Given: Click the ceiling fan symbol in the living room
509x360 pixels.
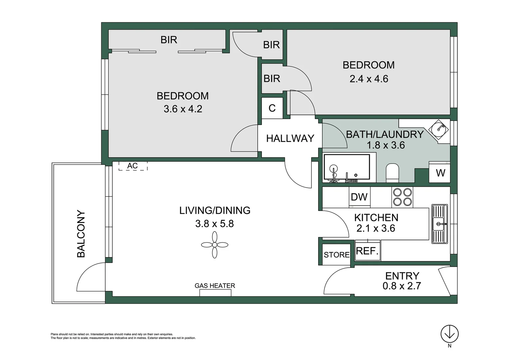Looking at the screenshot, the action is pyautogui.click(x=215, y=245).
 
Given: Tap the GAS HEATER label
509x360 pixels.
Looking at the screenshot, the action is pyautogui.click(x=215, y=286).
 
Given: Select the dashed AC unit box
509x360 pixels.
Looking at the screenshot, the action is pyautogui.click(x=133, y=166).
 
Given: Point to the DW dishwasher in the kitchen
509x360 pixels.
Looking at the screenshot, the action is pyautogui.click(x=359, y=197).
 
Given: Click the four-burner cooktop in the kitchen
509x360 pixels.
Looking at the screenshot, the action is pyautogui.click(x=402, y=197).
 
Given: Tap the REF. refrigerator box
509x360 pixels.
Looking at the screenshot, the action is pyautogui.click(x=367, y=251).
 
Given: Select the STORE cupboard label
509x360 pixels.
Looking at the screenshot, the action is pyautogui.click(x=336, y=255).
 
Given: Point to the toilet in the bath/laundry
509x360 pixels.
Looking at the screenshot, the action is pyautogui.click(x=392, y=173).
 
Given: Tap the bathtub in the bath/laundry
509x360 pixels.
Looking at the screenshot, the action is pyautogui.click(x=347, y=167).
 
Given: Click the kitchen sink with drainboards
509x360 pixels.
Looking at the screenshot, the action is pyautogui.click(x=440, y=224).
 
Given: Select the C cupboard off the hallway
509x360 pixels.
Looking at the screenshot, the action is pyautogui.click(x=272, y=108).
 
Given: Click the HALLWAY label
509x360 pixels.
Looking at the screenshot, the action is pyautogui.click(x=290, y=138).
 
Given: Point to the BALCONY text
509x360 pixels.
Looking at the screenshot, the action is pyautogui.click(x=81, y=234).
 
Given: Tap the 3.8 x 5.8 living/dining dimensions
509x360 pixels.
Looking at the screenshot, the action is pyautogui.click(x=215, y=224).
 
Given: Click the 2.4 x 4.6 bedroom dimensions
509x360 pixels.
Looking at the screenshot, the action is pyautogui.click(x=369, y=79).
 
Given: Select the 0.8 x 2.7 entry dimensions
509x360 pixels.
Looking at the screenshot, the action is pyautogui.click(x=402, y=286).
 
